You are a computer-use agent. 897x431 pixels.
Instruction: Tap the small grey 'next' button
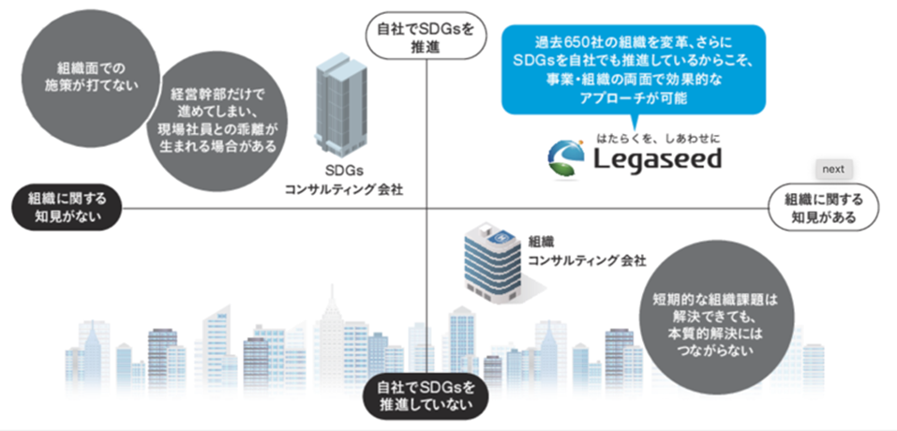click(834, 170)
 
